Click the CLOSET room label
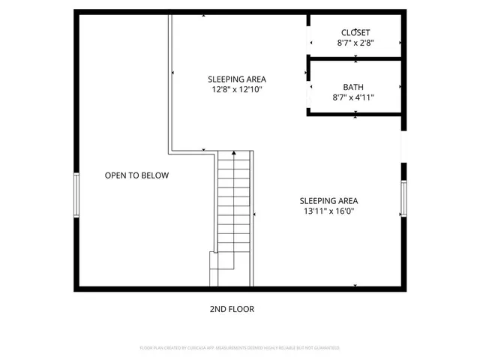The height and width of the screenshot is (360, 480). point(355,32)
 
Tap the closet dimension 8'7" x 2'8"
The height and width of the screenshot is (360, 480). point(355,43)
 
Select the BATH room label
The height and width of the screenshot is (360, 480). point(354,86)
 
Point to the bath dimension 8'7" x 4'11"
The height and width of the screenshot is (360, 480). point(354,97)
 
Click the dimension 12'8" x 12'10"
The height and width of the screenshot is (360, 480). point(236,90)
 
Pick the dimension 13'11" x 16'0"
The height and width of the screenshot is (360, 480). point(328,211)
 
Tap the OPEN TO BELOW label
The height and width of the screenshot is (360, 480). point(136,175)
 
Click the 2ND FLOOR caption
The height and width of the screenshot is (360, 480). point(233,309)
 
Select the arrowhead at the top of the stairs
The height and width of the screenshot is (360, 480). point(234,153)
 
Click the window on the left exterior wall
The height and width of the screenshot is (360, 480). point(75,196)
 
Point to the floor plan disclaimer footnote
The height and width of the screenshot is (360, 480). point(239,348)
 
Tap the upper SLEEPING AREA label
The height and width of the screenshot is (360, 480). point(236,79)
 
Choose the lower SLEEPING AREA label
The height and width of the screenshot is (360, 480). point(328,200)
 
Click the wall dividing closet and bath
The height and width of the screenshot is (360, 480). point(356,56)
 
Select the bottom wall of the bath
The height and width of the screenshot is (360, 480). point(356,113)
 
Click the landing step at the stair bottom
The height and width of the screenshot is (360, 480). point(221,260)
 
